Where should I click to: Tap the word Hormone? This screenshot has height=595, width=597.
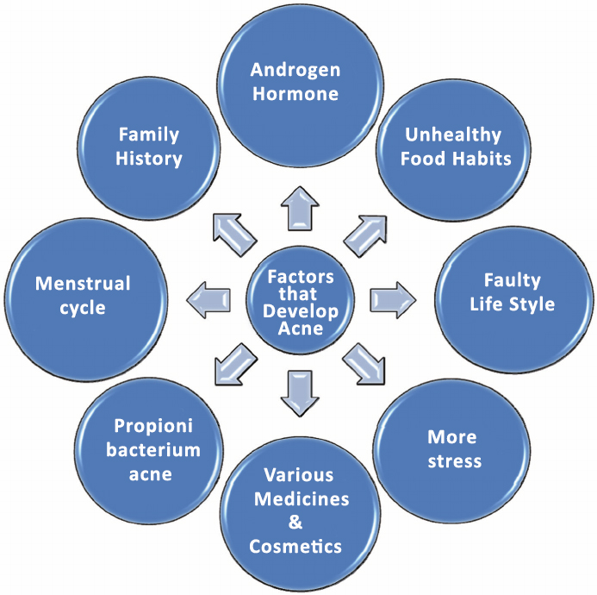295,94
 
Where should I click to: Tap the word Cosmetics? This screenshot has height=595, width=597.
295,546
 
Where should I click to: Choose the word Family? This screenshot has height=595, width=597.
149,135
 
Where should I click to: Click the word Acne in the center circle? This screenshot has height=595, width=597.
295,328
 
